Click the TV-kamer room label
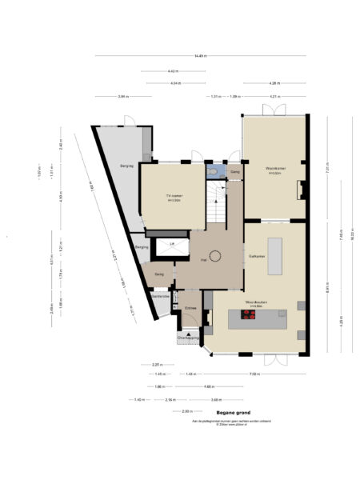[173, 195]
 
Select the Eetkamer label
[257, 255]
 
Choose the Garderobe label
[161, 296]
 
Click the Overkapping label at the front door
[189, 338]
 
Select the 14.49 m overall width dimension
[199, 55]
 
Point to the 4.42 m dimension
[172, 71]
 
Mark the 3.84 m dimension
[122, 97]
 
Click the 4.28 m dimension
[274, 82]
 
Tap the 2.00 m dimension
[187, 411]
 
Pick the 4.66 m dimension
[208, 386]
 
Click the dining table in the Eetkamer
[276, 255]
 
